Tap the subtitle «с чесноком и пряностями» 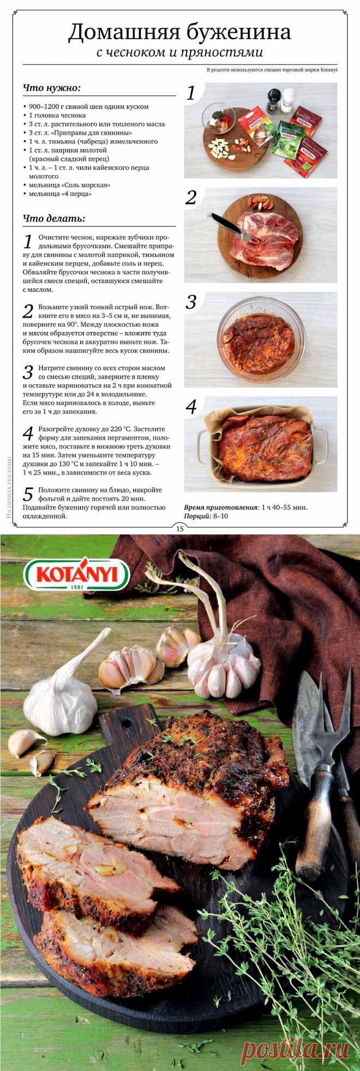(179, 53)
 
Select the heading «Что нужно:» (52, 88)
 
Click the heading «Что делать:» (54, 219)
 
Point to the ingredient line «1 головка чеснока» (57, 116)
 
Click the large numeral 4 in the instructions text (28, 434)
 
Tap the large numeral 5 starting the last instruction (28, 495)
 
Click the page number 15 (179, 528)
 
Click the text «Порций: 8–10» (206, 516)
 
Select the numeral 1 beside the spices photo (191, 93)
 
